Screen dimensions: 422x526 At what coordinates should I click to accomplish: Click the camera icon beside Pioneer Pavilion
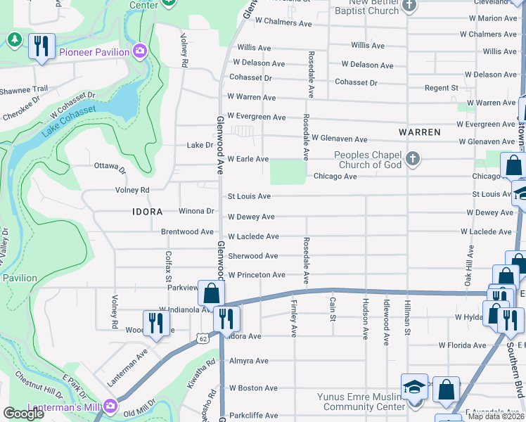click(x=140, y=51)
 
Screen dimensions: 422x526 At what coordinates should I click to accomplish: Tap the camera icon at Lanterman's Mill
click(x=110, y=406)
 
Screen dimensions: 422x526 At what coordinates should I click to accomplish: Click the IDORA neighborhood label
click(x=148, y=212)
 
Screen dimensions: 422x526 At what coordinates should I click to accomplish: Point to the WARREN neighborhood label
click(x=419, y=132)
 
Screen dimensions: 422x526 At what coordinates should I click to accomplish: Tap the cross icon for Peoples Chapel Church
click(x=413, y=159)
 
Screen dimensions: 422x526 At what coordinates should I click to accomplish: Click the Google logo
click(x=23, y=414)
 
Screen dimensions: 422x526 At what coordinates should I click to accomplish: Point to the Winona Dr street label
click(x=196, y=211)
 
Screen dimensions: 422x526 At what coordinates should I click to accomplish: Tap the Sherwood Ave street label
click(x=252, y=256)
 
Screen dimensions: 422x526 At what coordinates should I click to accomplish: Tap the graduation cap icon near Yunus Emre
click(x=414, y=386)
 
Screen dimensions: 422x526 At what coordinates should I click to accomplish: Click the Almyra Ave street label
click(x=248, y=361)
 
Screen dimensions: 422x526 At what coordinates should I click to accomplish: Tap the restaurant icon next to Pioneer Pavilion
click(x=41, y=47)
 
